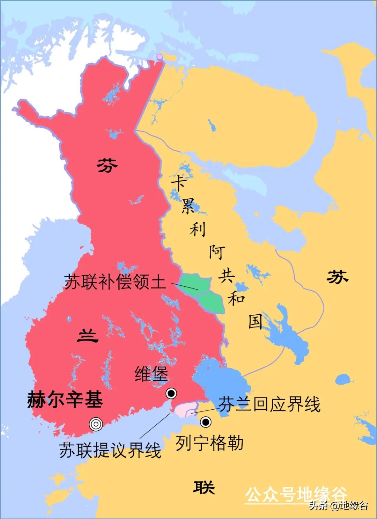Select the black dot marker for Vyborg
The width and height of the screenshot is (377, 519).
click(x=171, y=394)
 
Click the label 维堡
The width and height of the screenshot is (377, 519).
click(x=151, y=374)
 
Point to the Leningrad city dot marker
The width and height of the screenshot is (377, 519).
click(x=206, y=422)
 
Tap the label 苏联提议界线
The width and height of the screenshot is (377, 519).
click(x=110, y=450)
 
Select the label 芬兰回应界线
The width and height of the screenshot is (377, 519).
click(x=269, y=404)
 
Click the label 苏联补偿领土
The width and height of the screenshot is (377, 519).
click(x=115, y=282)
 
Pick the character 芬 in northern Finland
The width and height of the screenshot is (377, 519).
click(x=107, y=165)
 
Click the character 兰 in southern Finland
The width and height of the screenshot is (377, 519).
click(x=87, y=336)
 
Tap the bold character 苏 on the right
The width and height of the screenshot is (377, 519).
click(x=337, y=277)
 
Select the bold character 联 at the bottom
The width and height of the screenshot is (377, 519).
click(x=204, y=487)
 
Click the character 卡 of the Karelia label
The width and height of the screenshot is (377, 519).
click(x=178, y=183)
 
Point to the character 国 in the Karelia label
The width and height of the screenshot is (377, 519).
click(x=255, y=321)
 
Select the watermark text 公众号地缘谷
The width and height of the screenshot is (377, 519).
click(x=296, y=494)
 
